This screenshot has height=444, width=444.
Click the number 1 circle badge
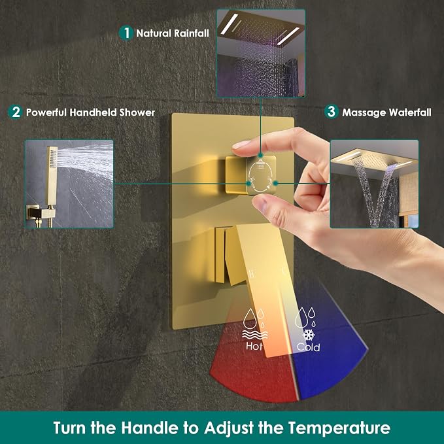(x=126, y=33)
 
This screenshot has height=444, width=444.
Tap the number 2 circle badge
(x=16, y=112)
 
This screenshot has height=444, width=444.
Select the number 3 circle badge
(x=332, y=112)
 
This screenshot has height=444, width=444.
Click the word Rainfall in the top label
(x=192, y=33)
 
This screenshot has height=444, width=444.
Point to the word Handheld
(x=93, y=112)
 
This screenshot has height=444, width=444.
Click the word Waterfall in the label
(x=410, y=112)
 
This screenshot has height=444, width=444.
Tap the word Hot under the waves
(x=254, y=346)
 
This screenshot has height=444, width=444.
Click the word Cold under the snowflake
(x=309, y=347)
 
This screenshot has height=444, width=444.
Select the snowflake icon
(x=309, y=334)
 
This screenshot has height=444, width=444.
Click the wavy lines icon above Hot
(x=254, y=335)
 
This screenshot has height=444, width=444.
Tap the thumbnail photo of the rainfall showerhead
(x=261, y=53)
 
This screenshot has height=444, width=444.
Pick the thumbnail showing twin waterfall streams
(x=374, y=184)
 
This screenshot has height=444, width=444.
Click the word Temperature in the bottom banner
(x=339, y=428)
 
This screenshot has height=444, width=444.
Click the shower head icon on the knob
(x=261, y=163)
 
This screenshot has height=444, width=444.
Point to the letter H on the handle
(x=251, y=273)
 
